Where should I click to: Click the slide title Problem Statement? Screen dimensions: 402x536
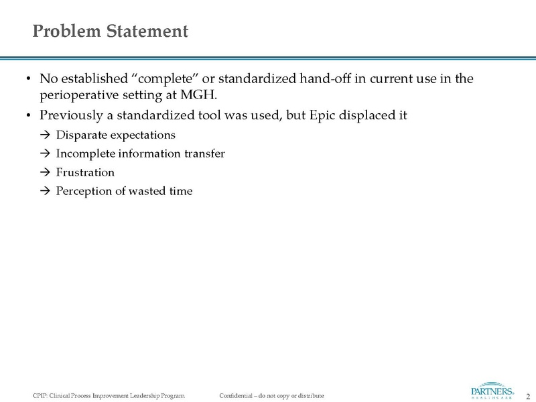click(111, 31)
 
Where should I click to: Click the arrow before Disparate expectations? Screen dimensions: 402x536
click(46, 135)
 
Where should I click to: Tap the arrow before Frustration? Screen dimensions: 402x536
click(46, 172)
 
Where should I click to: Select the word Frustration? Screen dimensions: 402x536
click(85, 172)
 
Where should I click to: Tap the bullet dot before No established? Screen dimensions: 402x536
click(27, 80)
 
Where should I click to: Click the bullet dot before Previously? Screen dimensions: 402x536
click(27, 115)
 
